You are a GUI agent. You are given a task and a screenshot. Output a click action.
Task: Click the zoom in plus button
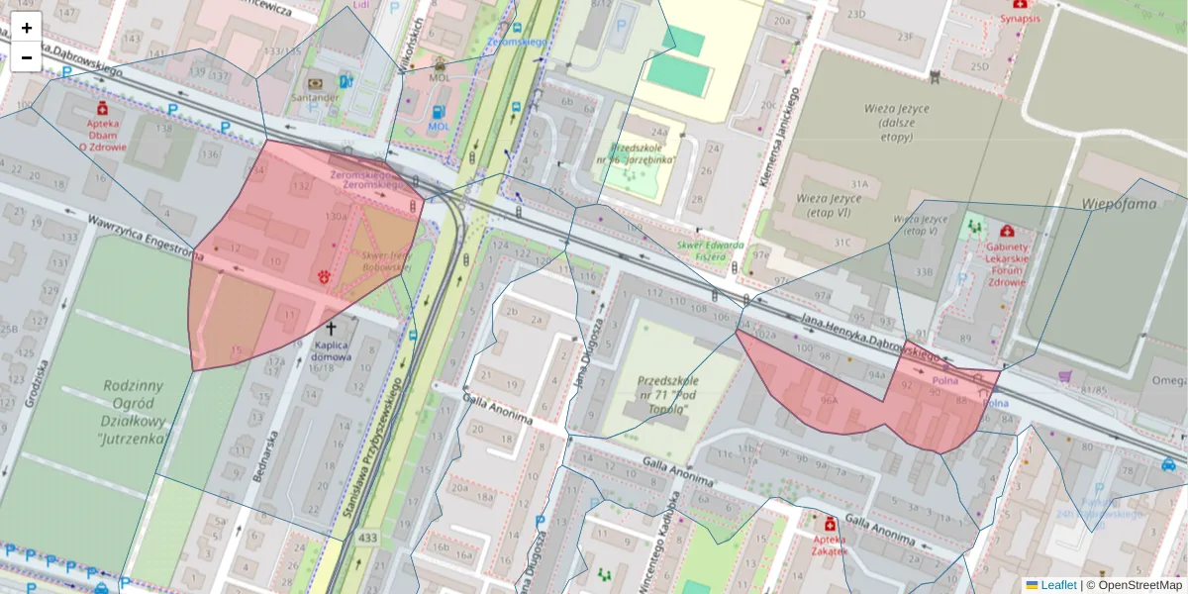click(x=27, y=28)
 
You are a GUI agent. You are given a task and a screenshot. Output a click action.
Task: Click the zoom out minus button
click(x=27, y=57)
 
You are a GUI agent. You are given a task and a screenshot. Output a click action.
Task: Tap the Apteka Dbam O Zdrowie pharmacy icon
click(x=103, y=108)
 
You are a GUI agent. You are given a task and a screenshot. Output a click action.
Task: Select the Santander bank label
click(x=316, y=98)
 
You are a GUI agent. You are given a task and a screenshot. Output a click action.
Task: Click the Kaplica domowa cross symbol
click(x=331, y=326)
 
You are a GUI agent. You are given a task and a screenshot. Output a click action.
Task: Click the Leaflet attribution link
click(x=1057, y=585)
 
